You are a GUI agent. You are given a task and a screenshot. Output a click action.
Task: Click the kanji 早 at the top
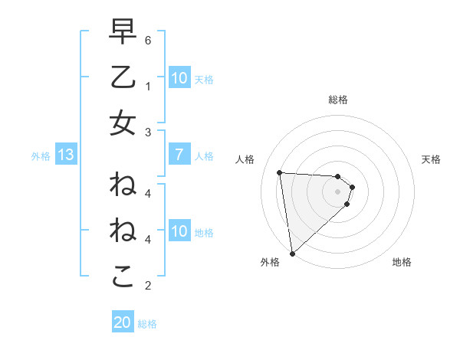(123, 32)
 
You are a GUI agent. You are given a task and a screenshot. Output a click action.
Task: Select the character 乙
(123, 77)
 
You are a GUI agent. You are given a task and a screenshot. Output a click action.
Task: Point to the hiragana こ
(123, 277)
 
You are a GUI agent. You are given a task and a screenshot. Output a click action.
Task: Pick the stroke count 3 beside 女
(149, 133)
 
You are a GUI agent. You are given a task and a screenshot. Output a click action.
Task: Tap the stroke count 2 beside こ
(149, 286)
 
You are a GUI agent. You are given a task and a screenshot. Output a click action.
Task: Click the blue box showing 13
(65, 155)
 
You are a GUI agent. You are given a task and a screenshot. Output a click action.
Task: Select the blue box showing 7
(179, 155)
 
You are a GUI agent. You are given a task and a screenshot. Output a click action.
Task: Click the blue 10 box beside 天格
(179, 78)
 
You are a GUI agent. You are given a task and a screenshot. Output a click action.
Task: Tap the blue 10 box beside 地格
(179, 231)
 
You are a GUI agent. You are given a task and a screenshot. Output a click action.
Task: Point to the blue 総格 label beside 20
(147, 324)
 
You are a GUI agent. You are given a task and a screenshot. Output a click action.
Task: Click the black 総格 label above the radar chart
(337, 100)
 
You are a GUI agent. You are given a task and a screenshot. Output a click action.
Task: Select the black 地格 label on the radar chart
(402, 262)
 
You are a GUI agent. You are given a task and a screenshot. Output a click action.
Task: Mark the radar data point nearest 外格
(292, 253)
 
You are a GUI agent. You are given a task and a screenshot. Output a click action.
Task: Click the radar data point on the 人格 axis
(280, 172)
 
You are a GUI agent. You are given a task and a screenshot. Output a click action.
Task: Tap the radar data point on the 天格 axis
(353, 187)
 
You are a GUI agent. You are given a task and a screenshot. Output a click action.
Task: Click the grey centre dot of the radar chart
(337, 191)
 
